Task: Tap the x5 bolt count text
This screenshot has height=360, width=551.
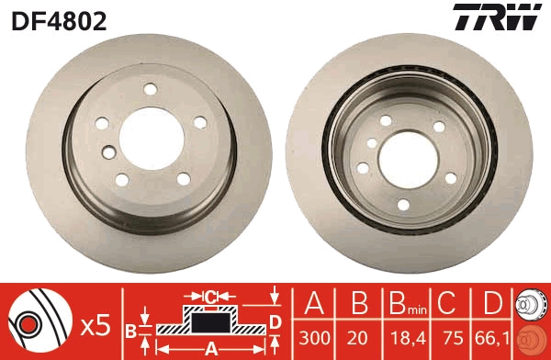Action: pyautogui.click(x=96, y=324)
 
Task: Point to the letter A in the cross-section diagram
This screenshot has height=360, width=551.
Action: pyautogui.click(x=209, y=347)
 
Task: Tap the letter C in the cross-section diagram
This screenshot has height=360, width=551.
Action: pyautogui.click(x=210, y=297)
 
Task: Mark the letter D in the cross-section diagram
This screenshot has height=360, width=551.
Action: pyautogui.click(x=275, y=321)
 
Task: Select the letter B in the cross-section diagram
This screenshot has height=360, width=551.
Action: pyautogui.click(x=130, y=329)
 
